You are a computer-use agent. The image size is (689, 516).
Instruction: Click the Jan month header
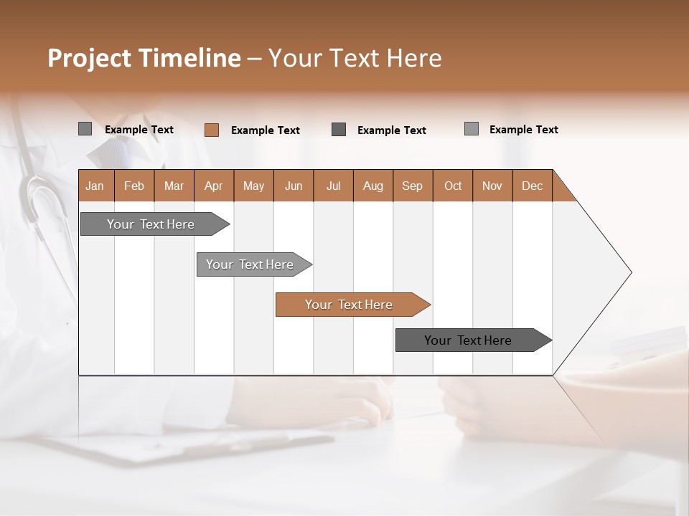click(x=95, y=186)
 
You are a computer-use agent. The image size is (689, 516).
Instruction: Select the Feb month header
click(x=134, y=186)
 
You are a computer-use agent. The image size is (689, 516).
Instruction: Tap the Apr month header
click(x=214, y=186)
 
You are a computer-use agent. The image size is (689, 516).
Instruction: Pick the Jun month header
click(x=294, y=186)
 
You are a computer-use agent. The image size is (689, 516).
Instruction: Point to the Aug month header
click(x=373, y=186)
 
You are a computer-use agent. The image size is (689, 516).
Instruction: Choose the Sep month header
click(x=413, y=186)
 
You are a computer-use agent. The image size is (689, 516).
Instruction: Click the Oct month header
click(x=453, y=186)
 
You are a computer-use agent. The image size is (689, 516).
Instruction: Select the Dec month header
click(x=533, y=186)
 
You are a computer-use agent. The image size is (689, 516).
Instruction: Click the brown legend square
click(x=212, y=130)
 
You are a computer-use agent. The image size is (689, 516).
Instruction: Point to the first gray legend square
click(x=85, y=129)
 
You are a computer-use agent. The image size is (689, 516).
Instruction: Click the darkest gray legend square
click(x=339, y=129)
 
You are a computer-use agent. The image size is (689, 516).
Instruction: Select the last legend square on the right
click(x=472, y=129)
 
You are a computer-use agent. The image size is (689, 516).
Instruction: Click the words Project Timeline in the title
click(x=144, y=58)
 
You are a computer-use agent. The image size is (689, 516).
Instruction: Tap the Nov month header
click(x=492, y=186)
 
